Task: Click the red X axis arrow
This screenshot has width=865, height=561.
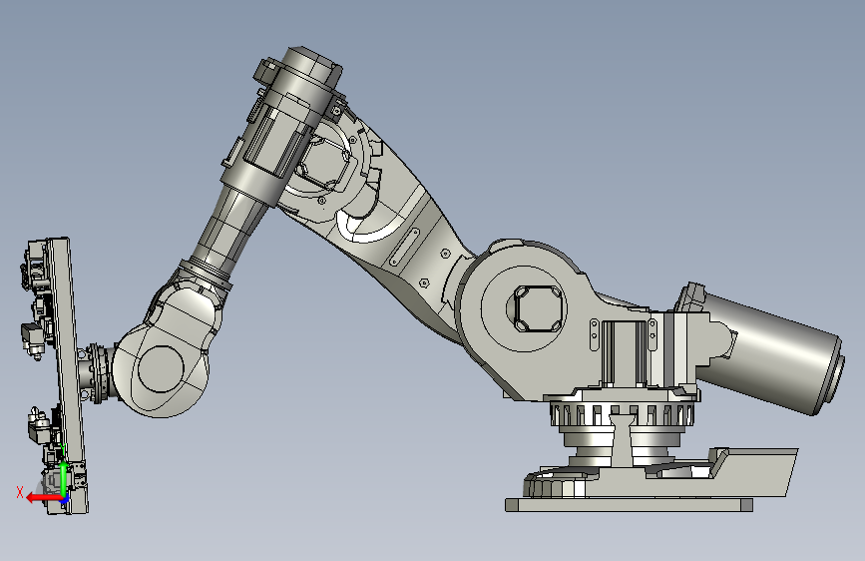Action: click(x=44, y=498)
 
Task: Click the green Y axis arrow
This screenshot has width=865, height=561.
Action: click(x=64, y=479)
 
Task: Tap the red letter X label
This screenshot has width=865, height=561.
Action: click(x=20, y=492)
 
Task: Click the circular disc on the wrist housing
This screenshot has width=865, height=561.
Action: click(x=161, y=369)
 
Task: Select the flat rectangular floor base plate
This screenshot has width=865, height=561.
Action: click(x=629, y=505)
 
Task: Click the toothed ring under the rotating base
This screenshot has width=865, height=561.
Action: click(x=624, y=413)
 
